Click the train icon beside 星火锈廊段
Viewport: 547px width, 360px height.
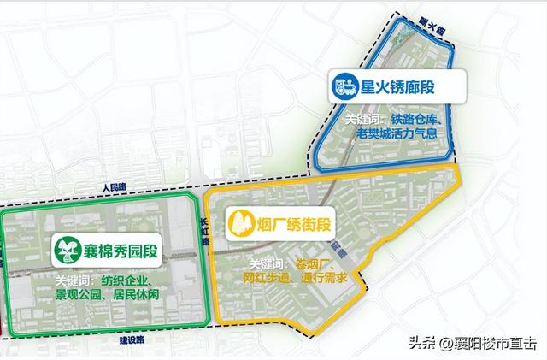(345, 86)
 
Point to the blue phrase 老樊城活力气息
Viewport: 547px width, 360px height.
(401, 134)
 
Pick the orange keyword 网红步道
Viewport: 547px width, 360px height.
(268, 277)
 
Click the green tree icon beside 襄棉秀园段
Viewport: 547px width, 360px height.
(64, 249)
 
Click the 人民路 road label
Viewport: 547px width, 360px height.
(112, 185)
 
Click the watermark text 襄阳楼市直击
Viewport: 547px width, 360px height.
(495, 343)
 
